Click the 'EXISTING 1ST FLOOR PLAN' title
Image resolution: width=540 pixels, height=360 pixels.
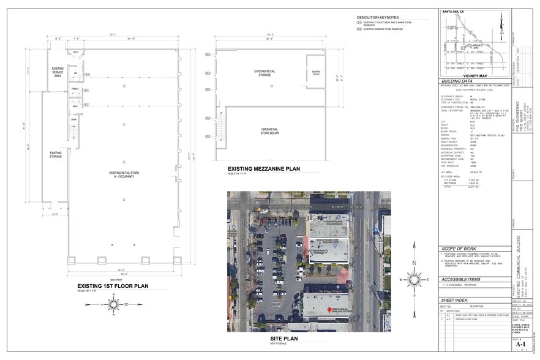pos(114,286)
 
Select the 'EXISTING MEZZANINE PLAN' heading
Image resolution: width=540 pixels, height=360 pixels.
pos(264,168)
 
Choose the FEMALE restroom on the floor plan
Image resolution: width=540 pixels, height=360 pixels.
pos(75,89)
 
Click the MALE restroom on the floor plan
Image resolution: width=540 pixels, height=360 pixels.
pos(75,105)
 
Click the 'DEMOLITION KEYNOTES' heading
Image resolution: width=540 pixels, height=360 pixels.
pos(378,17)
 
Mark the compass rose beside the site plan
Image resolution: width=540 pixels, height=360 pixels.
pos(414,279)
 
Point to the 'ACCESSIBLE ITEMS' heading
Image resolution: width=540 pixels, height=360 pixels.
pos(461,279)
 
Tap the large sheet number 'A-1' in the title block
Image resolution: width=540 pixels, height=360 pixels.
pos(520,345)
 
